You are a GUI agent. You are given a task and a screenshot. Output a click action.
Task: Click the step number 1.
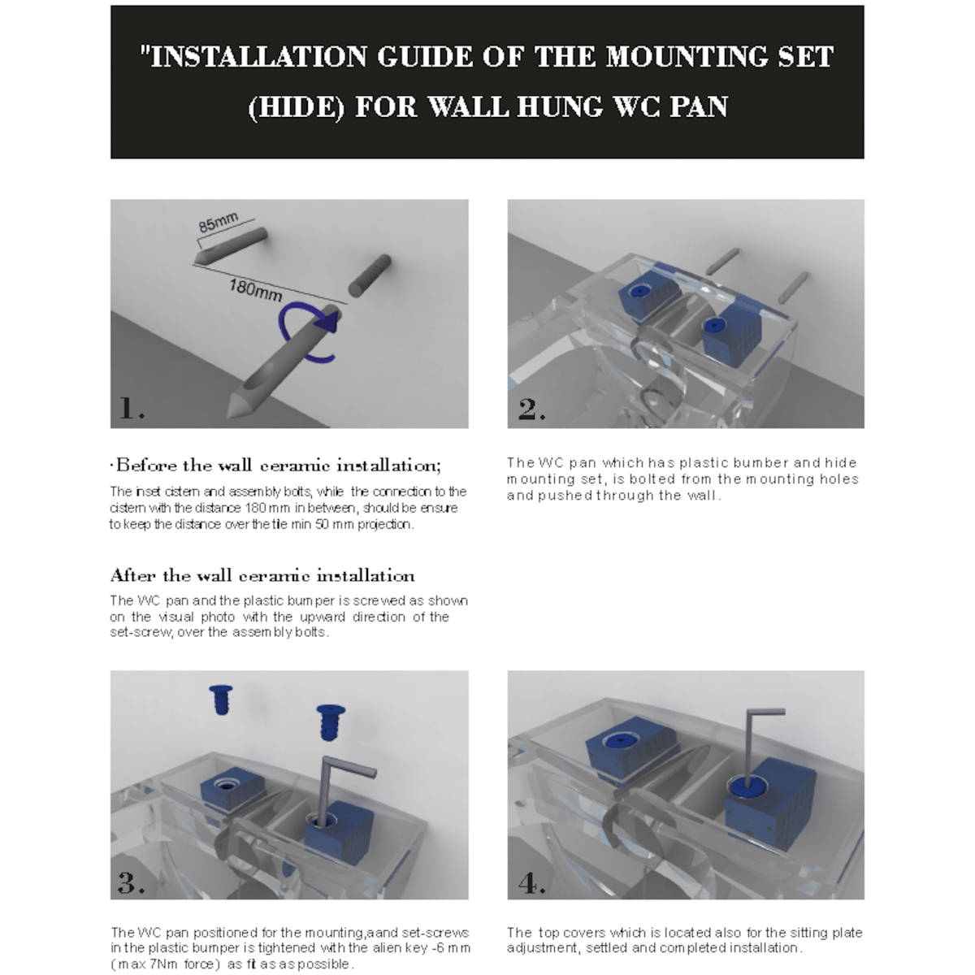pyautogui.click(x=130, y=409)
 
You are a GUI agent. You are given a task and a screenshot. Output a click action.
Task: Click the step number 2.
pyautogui.click(x=531, y=409)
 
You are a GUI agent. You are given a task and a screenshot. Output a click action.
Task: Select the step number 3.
pyautogui.click(x=130, y=882)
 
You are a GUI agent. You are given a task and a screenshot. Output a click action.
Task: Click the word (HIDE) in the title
pyautogui.click(x=297, y=106)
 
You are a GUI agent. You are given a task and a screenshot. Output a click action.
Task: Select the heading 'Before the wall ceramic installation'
pyautogui.click(x=276, y=466)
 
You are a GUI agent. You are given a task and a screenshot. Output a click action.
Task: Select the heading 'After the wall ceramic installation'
pyautogui.click(x=262, y=576)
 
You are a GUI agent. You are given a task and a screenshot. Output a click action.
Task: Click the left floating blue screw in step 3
pyautogui.click(x=221, y=700)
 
